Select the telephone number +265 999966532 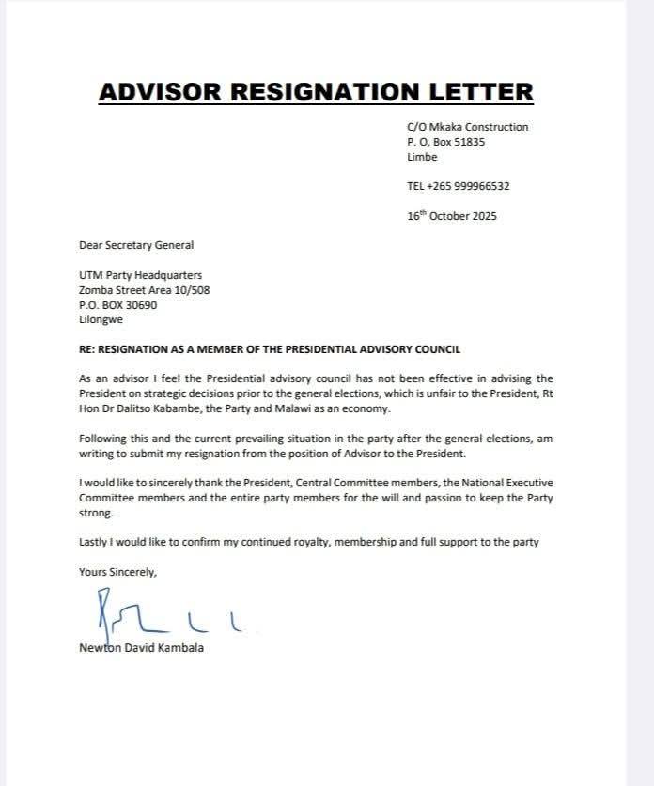pyautogui.click(x=469, y=186)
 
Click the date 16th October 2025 pyautogui.click(x=452, y=215)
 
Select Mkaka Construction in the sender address pyautogui.click(x=479, y=127)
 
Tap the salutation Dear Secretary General pyautogui.click(x=136, y=245)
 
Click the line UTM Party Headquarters pyautogui.click(x=140, y=275)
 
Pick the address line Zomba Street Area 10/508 pyautogui.click(x=145, y=290)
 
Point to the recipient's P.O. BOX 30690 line pyautogui.click(x=118, y=305)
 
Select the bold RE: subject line pyautogui.click(x=270, y=350)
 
